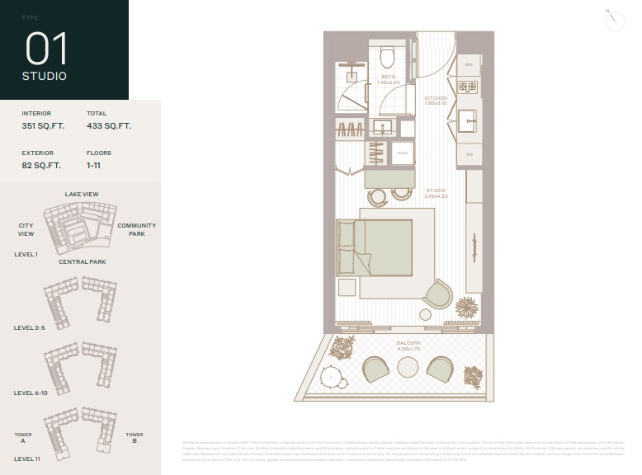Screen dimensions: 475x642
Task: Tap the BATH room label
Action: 388,79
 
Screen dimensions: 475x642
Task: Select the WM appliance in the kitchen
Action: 469,64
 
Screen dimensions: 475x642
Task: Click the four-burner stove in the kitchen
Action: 468,87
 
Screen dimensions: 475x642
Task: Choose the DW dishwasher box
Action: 469,154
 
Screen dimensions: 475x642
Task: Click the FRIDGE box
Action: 402,153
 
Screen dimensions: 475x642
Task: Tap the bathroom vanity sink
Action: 382,127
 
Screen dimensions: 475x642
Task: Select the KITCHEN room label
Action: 436,101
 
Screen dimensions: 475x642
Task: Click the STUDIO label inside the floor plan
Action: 436,193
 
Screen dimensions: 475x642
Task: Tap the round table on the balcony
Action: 408,368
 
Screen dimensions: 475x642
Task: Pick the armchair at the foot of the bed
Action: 438,294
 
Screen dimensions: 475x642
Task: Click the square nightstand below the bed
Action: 347,288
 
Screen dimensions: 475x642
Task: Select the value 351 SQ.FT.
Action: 43,126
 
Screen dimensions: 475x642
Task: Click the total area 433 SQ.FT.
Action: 109,126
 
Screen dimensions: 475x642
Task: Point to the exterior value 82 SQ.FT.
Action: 41,166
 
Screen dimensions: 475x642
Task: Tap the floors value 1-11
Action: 95,166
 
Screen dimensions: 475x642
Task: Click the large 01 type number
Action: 47,49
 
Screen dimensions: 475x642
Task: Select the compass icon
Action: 614,21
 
